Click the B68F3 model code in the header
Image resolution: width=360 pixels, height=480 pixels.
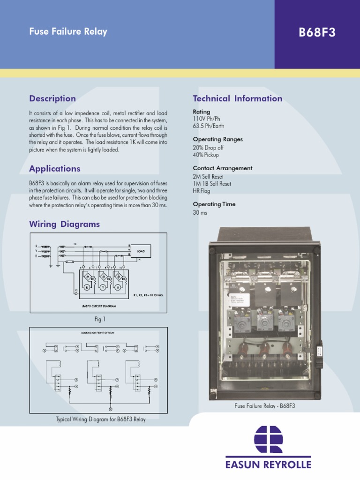point(317,33)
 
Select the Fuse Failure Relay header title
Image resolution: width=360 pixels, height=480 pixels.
point(68,31)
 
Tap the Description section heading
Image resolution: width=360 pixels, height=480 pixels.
point(52,98)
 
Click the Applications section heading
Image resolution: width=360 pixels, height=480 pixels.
point(55,168)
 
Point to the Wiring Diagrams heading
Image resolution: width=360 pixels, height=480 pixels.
point(64,224)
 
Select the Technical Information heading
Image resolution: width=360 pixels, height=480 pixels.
point(237,98)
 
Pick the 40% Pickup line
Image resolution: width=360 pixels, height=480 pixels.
point(206,155)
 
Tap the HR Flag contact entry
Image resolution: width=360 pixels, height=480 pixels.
point(202,191)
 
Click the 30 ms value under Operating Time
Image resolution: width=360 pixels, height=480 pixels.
point(200,212)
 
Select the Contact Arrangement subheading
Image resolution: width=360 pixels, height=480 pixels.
point(222,168)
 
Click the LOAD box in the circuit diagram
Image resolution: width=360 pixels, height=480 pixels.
point(141,251)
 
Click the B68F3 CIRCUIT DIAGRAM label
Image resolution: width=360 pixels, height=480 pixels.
point(96,306)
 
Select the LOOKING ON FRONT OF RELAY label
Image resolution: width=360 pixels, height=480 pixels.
point(98,332)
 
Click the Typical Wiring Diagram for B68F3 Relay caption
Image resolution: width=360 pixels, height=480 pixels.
point(100,419)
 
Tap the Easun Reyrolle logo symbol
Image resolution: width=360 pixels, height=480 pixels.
point(268,439)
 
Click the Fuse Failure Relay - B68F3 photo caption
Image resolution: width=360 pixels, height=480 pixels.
point(264,406)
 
